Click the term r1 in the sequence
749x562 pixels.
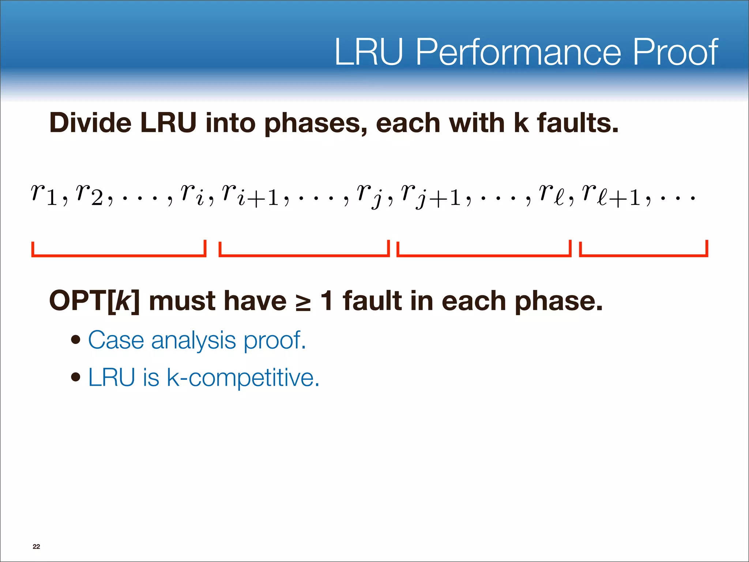coord(44,194)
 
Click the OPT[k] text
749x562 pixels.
coord(94,301)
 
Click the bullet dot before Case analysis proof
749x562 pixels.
coord(76,340)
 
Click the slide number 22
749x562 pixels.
coord(36,547)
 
